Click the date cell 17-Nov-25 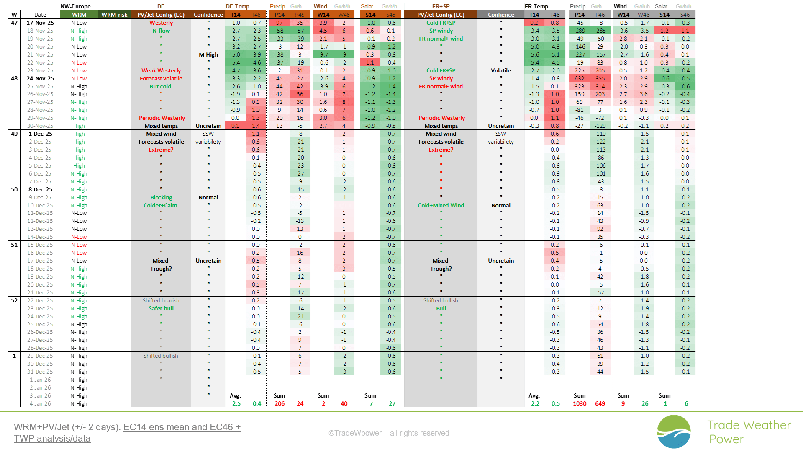pyautogui.click(x=40, y=23)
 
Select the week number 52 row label pyautogui.click(x=14, y=300)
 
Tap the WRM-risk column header pyautogui.click(x=114, y=15)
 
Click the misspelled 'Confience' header pyautogui.click(x=501, y=15)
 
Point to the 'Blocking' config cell pyautogui.click(x=161, y=197)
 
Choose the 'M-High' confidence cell pyautogui.click(x=208, y=54)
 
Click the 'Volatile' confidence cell pyautogui.click(x=501, y=70)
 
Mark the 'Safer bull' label pyautogui.click(x=161, y=308)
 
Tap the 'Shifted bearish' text pyautogui.click(x=161, y=300)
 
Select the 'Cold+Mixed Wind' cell pyautogui.click(x=441, y=205)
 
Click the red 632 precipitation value pyautogui.click(x=579, y=78)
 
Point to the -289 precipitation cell pyautogui.click(x=579, y=31)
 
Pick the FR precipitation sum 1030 pyautogui.click(x=579, y=403)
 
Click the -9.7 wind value pyautogui.click(x=323, y=54)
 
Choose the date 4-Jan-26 pyautogui.click(x=40, y=403)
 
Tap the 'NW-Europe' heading pyautogui.click(x=76, y=6)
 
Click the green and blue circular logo pyautogui.click(x=674, y=431)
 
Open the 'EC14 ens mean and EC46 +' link pyautogui.click(x=182, y=427)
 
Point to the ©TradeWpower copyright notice pyautogui.click(x=389, y=433)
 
